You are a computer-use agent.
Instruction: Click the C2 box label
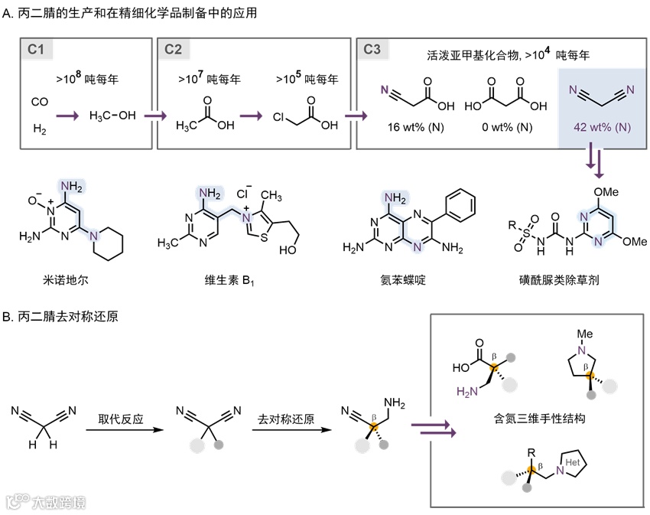(x=173, y=50)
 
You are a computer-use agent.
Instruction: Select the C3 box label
(x=372, y=50)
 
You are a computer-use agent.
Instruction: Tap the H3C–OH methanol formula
(x=113, y=116)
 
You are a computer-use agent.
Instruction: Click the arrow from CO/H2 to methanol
(x=67, y=116)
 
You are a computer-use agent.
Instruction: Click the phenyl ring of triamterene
(x=463, y=204)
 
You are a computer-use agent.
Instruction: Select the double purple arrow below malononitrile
(x=595, y=162)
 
